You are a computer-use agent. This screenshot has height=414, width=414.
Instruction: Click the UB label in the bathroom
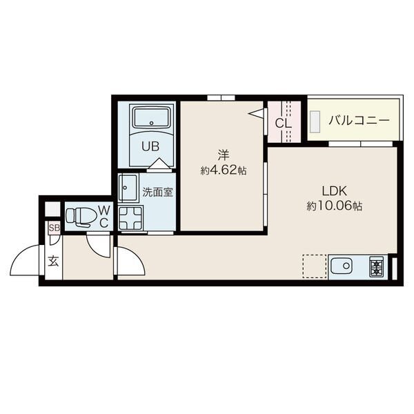click(x=150, y=146)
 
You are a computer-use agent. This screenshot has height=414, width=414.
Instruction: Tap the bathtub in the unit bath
click(x=151, y=117)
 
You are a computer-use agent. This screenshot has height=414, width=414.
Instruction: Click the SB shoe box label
click(x=55, y=228)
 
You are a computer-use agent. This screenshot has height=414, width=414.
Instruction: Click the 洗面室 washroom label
click(x=157, y=193)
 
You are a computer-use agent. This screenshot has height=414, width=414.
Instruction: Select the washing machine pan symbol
click(x=130, y=218)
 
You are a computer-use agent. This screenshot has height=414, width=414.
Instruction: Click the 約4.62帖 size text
click(x=224, y=171)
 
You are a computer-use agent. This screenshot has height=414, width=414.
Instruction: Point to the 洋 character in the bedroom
click(x=224, y=155)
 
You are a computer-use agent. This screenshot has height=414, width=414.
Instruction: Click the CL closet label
click(x=284, y=123)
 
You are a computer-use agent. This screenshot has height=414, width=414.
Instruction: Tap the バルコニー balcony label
click(x=359, y=121)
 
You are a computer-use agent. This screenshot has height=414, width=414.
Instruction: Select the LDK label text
click(x=334, y=190)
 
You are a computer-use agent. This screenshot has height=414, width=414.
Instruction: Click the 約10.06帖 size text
click(x=334, y=206)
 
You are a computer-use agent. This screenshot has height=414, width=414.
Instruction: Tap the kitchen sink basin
click(x=341, y=266)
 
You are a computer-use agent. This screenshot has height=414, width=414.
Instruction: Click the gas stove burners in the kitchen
click(x=377, y=266)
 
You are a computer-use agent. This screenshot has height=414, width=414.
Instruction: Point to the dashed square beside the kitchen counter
click(x=314, y=266)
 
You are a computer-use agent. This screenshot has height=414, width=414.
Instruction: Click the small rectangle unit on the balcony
click(x=315, y=121)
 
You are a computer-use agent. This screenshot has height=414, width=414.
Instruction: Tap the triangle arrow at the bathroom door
click(x=159, y=163)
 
